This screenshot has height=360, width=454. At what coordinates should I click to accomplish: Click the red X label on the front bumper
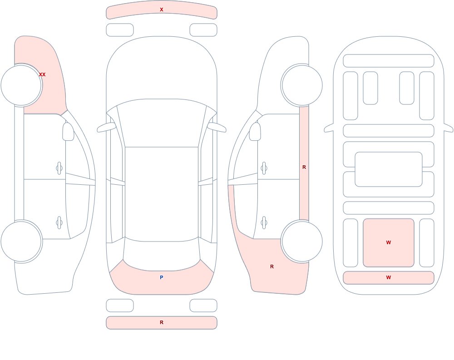[x=162, y=10]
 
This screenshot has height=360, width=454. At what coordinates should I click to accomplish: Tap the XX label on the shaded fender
[x=42, y=74]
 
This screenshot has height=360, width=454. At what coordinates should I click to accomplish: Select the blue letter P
[x=162, y=277]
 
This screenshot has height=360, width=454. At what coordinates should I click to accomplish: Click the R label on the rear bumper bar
[x=162, y=322]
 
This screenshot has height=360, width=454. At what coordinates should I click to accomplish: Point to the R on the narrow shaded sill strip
[x=304, y=167]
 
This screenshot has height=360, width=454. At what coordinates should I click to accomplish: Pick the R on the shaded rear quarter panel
[x=272, y=266]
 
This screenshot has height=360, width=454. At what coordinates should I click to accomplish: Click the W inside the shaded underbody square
[x=389, y=242]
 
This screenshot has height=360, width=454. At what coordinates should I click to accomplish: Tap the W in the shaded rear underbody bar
[x=389, y=277]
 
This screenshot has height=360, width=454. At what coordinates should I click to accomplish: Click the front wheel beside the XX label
[x=21, y=85]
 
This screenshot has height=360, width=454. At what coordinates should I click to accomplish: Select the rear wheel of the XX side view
[x=21, y=241]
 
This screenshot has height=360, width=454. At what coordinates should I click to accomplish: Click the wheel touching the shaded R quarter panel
[x=302, y=241]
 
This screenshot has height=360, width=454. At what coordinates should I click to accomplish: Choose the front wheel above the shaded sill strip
[x=302, y=85]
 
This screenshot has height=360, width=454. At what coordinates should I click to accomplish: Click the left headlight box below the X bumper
[x=120, y=30]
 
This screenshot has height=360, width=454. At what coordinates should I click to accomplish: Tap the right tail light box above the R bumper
[x=203, y=306]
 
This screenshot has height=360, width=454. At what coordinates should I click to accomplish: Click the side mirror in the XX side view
[x=69, y=132]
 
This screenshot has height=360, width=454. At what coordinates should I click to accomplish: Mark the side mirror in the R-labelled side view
[x=255, y=132]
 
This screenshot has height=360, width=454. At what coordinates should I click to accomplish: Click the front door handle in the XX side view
[x=59, y=168]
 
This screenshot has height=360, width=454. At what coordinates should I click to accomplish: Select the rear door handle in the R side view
[x=264, y=223]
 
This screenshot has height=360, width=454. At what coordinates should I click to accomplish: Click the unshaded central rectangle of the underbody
[x=389, y=169]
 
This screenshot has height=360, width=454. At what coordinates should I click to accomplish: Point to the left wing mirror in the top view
[x=106, y=128]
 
